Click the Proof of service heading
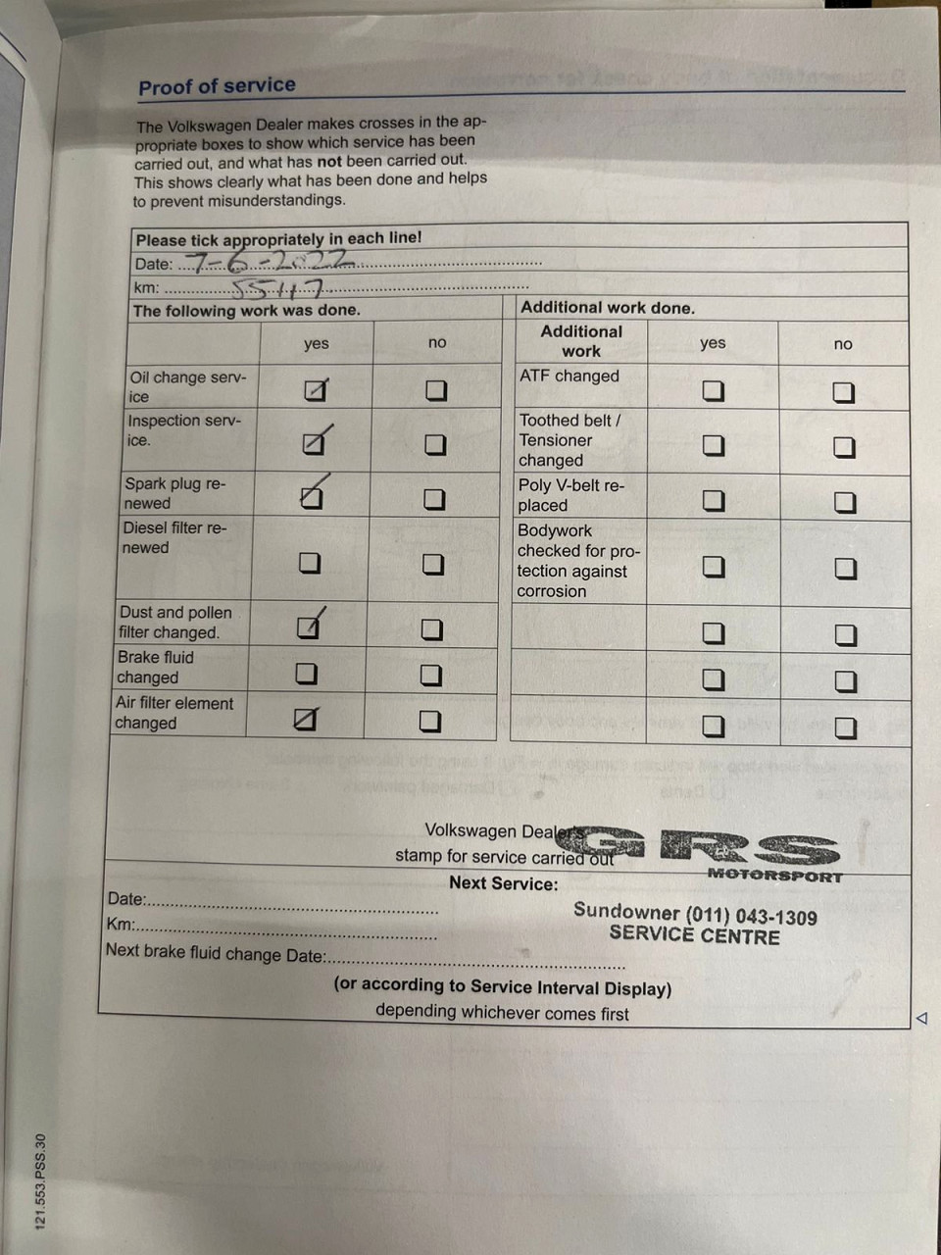pos(217,85)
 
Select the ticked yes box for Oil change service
pos(314,391)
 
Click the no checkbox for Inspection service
pos(435,444)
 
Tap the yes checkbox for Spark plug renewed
pos(311,498)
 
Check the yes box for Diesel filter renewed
pos(310,563)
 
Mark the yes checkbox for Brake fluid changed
pos(307,674)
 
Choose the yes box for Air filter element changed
pos(306,721)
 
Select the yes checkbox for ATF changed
pos(714,391)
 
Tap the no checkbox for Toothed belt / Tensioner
pos(844,447)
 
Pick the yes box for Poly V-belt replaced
pos(715,501)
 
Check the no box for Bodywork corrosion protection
pos(845,569)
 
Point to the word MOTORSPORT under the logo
pos(774,875)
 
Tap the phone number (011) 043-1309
pos(751,917)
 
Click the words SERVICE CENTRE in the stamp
pos(694,935)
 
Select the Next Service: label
pos(503,883)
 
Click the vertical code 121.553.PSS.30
pos(40,1180)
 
